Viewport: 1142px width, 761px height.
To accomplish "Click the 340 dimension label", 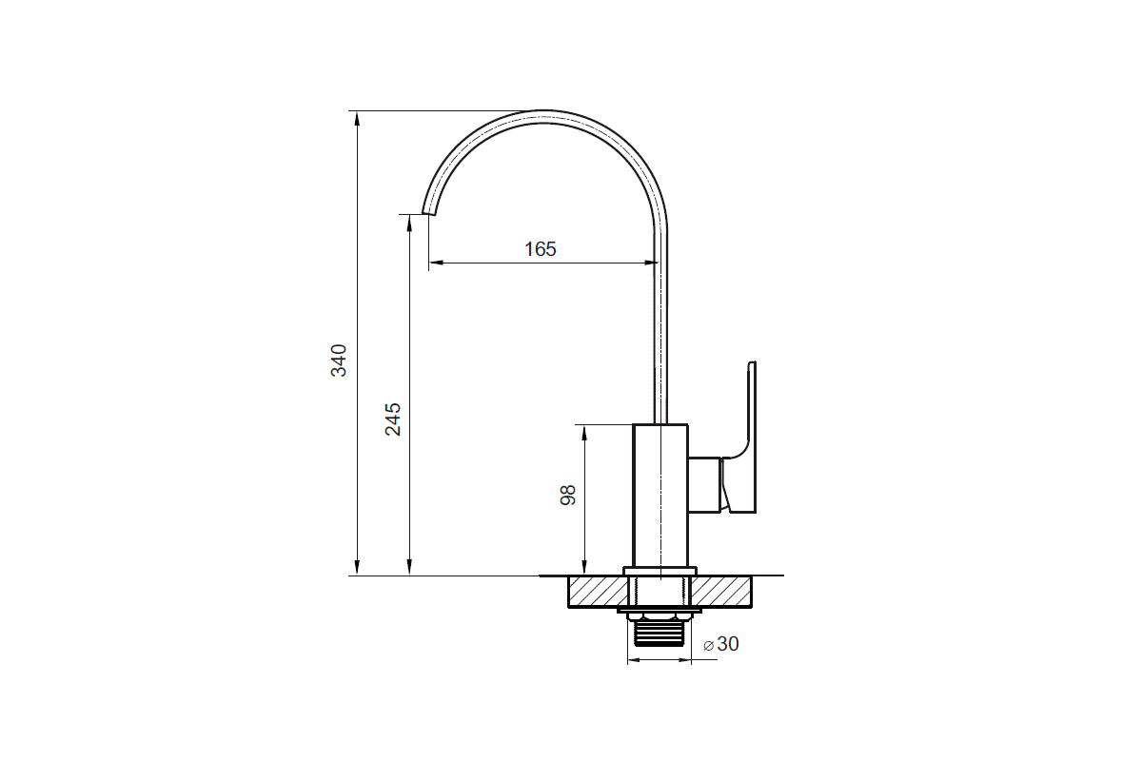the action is [x=339, y=361].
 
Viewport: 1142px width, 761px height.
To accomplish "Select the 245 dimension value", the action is [x=392, y=420].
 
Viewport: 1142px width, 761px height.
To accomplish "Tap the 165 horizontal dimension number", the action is [x=541, y=248].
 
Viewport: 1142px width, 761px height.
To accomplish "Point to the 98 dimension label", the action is [x=567, y=495].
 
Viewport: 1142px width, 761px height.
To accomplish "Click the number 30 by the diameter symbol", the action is [x=727, y=644].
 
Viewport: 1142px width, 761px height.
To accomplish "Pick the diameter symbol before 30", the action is [x=708, y=646].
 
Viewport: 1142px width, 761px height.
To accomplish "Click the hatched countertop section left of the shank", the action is [x=597, y=592].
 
